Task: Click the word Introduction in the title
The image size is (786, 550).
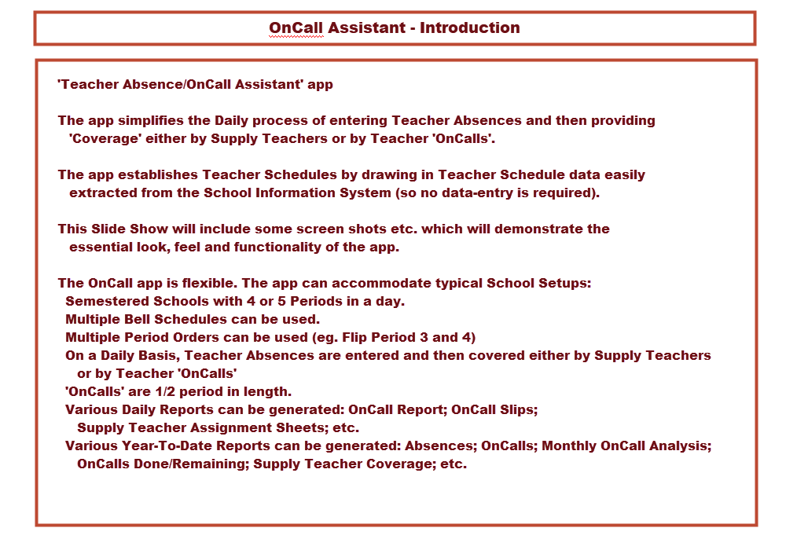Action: pyautogui.click(x=469, y=27)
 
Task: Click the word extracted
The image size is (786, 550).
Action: pyautogui.click(x=99, y=192)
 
